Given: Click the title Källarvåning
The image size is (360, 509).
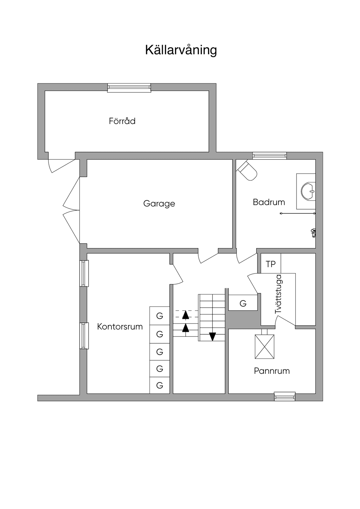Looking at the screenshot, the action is [x=181, y=50].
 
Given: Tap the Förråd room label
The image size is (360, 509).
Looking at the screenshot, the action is [x=122, y=121].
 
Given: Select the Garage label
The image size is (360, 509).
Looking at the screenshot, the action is [x=159, y=204].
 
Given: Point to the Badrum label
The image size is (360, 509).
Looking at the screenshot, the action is [x=269, y=202].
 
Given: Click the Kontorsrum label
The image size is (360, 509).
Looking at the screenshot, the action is [x=120, y=327].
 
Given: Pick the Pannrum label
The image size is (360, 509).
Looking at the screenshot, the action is [x=272, y=371].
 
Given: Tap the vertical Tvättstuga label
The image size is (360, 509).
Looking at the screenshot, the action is [x=278, y=295].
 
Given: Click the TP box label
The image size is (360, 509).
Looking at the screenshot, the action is [x=270, y=264].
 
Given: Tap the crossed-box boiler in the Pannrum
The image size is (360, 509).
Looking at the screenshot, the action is [x=264, y=347].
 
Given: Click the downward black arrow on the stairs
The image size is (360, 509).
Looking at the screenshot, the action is [x=212, y=336].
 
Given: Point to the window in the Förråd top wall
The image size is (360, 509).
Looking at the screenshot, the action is [x=129, y=88].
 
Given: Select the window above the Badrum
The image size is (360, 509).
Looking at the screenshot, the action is [x=270, y=155].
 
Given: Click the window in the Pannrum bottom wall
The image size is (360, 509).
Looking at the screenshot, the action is [x=284, y=396].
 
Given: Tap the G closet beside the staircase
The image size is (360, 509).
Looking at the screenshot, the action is [x=243, y=303].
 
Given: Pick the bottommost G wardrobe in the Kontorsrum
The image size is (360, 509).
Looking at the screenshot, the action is [x=160, y=385].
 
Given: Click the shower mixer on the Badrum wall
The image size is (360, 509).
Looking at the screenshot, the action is [x=313, y=233].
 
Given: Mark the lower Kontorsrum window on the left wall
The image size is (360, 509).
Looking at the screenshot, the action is [x=84, y=336].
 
